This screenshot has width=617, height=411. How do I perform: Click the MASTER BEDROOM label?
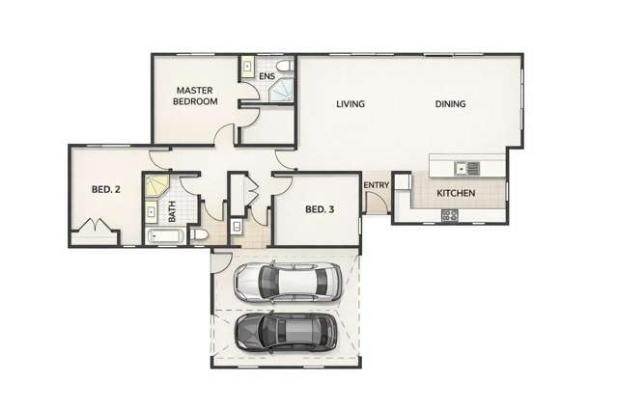(x=195, y=96)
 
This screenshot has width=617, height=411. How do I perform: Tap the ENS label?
(x=266, y=76)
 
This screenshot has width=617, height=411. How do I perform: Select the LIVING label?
(x=351, y=104)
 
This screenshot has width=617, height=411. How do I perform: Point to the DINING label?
(x=450, y=104)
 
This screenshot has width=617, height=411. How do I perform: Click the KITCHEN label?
(x=456, y=193)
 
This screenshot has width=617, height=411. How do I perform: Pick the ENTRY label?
(x=377, y=185)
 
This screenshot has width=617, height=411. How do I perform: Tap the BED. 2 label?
(x=105, y=189)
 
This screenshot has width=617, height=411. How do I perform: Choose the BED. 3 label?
(x=320, y=209)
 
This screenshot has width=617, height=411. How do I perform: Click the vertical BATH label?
(x=172, y=211)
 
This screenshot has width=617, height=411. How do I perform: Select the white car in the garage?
(x=288, y=282)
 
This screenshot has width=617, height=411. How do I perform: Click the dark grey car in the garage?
(x=286, y=331)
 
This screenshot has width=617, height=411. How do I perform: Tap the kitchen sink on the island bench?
(x=467, y=168)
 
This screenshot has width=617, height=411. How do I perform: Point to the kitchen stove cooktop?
(x=450, y=215)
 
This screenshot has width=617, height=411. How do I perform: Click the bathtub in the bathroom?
(x=165, y=236)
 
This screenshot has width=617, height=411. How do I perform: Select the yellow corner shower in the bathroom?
(x=156, y=186)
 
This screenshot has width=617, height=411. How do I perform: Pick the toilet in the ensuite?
(x=285, y=66)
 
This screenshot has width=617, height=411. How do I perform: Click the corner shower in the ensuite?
(x=281, y=90)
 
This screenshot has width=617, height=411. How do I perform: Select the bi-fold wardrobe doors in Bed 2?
(x=96, y=225)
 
